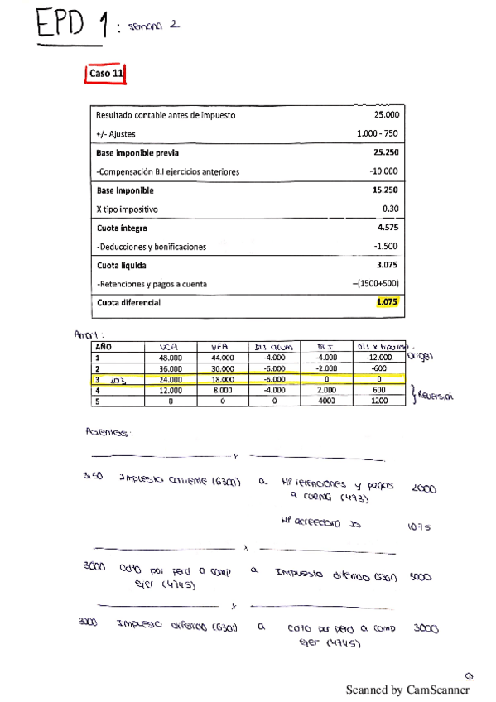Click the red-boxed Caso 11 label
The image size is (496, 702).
pos(106,74)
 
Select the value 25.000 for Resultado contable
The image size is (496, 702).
pos(386,115)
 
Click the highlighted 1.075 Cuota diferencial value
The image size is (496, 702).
pos(387,302)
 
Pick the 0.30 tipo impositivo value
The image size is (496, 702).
pos(390,209)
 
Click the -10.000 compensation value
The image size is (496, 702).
pos(384,171)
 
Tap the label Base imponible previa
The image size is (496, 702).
pos(137,153)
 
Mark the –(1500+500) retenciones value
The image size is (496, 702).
pos(375,284)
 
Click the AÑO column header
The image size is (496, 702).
pos(104,348)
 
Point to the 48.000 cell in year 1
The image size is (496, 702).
pos(171,358)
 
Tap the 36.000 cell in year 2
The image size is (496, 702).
pos(171,368)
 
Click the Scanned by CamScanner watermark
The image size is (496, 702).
pos(407,689)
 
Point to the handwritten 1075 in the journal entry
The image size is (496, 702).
pos(420,526)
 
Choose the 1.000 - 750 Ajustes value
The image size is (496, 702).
pos(378,134)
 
